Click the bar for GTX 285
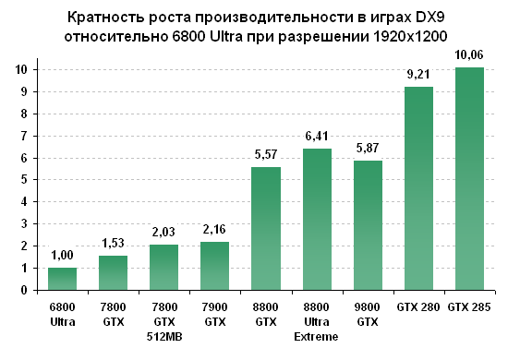(470, 179)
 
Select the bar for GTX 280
(419, 188)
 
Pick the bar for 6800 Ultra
(63, 279)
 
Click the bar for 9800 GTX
(369, 225)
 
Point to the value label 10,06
(470, 56)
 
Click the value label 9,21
(419, 75)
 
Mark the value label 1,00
(63, 256)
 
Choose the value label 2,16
(215, 230)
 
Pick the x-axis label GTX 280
(419, 306)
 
